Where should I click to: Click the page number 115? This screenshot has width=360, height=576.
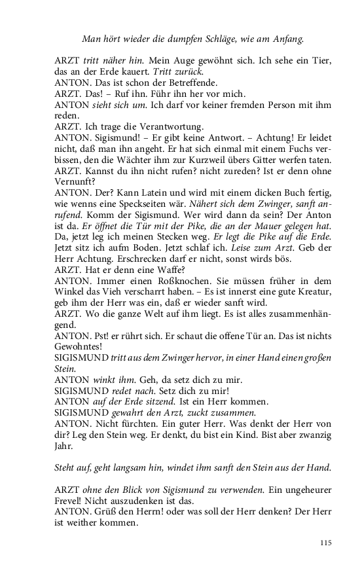[x=326, y=542]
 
